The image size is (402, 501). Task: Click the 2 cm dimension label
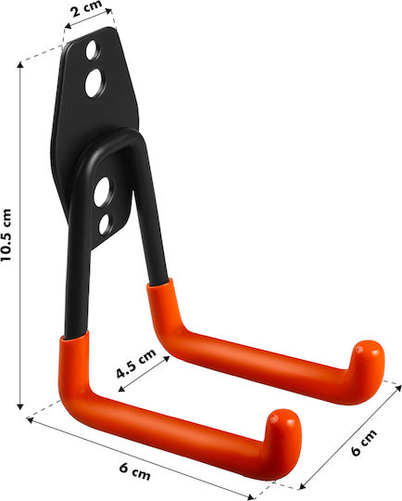(x=86, y=9)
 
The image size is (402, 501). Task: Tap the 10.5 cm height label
(x=6, y=235)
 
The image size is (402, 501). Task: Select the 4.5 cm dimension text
(x=135, y=364)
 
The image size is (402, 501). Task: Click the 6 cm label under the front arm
(x=135, y=471)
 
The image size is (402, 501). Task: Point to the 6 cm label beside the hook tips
(x=364, y=443)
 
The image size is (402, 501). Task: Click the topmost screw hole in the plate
(x=93, y=50)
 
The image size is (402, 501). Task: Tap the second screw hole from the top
(x=95, y=83)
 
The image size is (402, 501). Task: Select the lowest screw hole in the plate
(x=105, y=224)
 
